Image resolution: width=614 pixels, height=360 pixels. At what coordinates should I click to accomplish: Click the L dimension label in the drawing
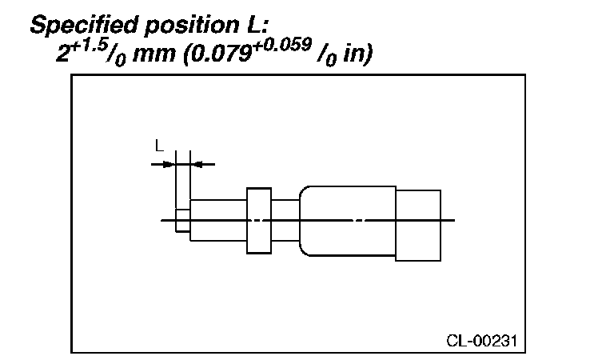tap(160, 146)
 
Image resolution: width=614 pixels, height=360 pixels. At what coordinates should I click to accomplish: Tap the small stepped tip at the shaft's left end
tap(182, 220)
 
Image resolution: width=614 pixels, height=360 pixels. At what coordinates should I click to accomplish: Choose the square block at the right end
tap(418, 225)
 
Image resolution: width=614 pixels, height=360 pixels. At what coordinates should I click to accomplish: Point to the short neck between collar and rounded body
tap(285, 220)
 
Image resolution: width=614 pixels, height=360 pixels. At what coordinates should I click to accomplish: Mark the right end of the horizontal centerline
tap(454, 220)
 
